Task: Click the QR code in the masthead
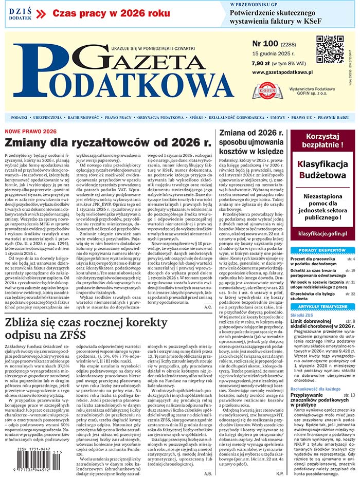[x=330, y=49]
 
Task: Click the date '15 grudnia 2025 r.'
[x=273, y=54]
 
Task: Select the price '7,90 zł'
[x=263, y=64]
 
